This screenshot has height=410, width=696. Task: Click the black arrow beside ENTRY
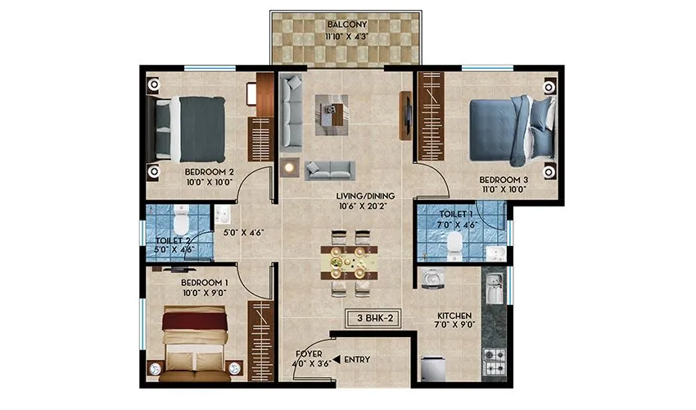pyautogui.click(x=337, y=360)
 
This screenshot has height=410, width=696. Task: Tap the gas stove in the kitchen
pyautogui.click(x=494, y=359)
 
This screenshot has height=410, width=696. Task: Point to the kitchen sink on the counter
pyautogui.click(x=493, y=287)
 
